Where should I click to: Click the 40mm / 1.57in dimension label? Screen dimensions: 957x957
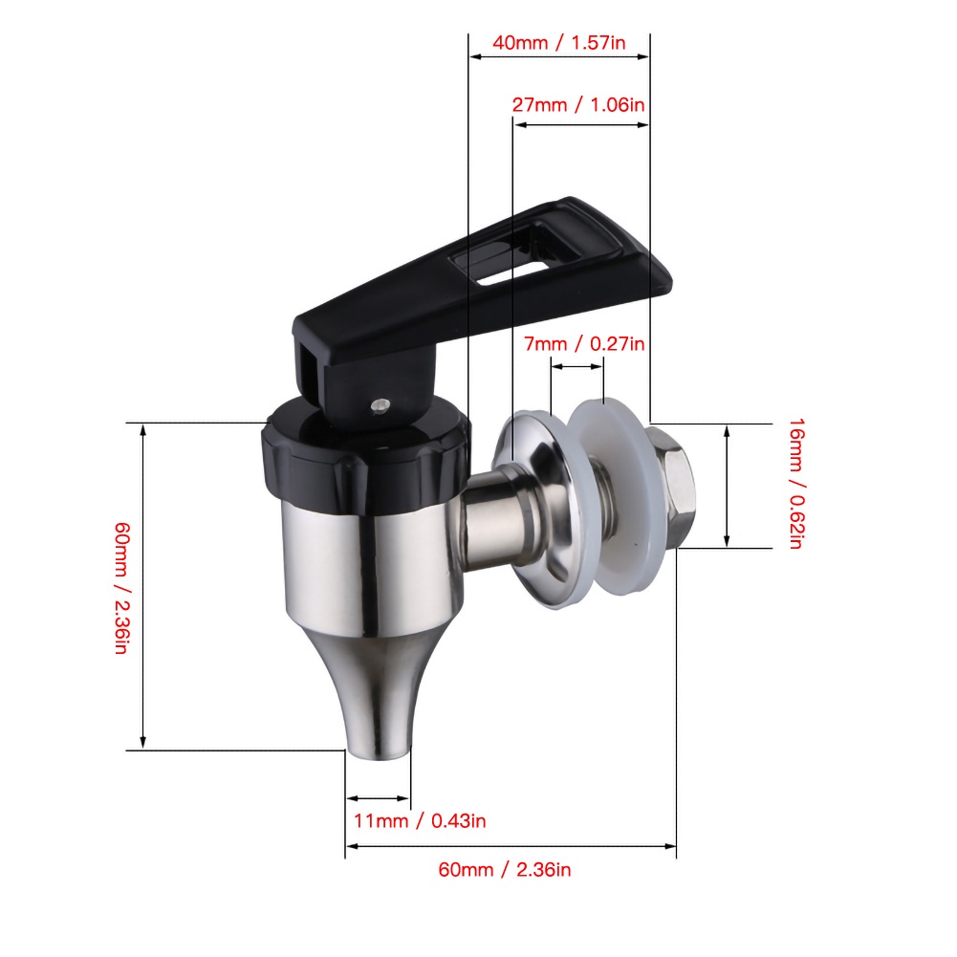click(558, 43)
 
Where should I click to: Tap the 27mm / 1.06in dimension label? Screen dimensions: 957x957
click(578, 105)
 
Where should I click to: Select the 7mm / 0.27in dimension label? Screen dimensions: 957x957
click(584, 344)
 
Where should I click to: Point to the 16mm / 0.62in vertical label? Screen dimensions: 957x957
click(796, 484)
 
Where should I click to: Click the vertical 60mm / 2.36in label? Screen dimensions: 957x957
click(121, 588)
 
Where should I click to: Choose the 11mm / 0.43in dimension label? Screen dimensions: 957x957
click(420, 821)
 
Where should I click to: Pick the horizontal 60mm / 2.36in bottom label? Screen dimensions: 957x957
click(505, 870)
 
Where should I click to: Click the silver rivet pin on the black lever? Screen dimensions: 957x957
click(381, 404)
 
